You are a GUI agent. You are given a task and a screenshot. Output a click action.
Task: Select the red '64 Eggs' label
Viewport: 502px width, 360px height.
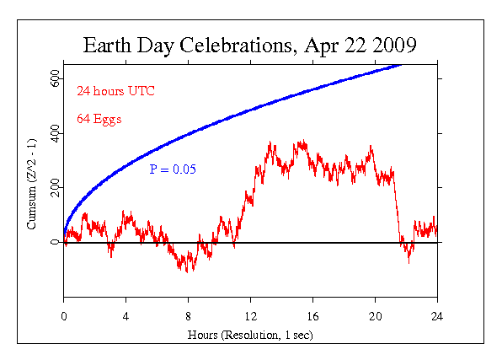click(x=99, y=119)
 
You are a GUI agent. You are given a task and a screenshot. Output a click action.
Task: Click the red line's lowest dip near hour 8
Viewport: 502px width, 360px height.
click(x=186, y=270)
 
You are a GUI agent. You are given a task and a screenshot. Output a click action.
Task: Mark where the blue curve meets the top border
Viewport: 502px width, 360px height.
click(x=401, y=64)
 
